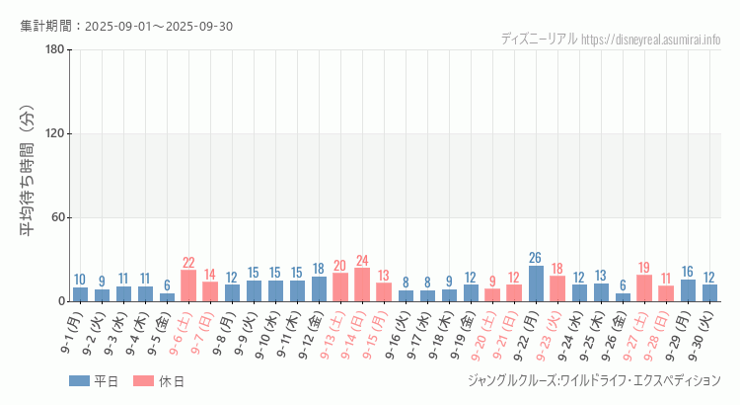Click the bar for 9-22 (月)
(x=536, y=283)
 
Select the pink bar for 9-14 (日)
(x=362, y=284)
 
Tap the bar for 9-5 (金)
(x=167, y=297)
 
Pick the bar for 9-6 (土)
(x=188, y=285)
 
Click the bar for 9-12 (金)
(x=319, y=288)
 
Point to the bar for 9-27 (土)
(x=644, y=287)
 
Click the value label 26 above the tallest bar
(x=536, y=258)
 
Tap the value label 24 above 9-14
(x=362, y=261)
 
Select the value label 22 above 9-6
(x=188, y=263)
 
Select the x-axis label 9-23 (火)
(x=550, y=336)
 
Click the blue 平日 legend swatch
(x=79, y=381)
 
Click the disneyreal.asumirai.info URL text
(x=651, y=39)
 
